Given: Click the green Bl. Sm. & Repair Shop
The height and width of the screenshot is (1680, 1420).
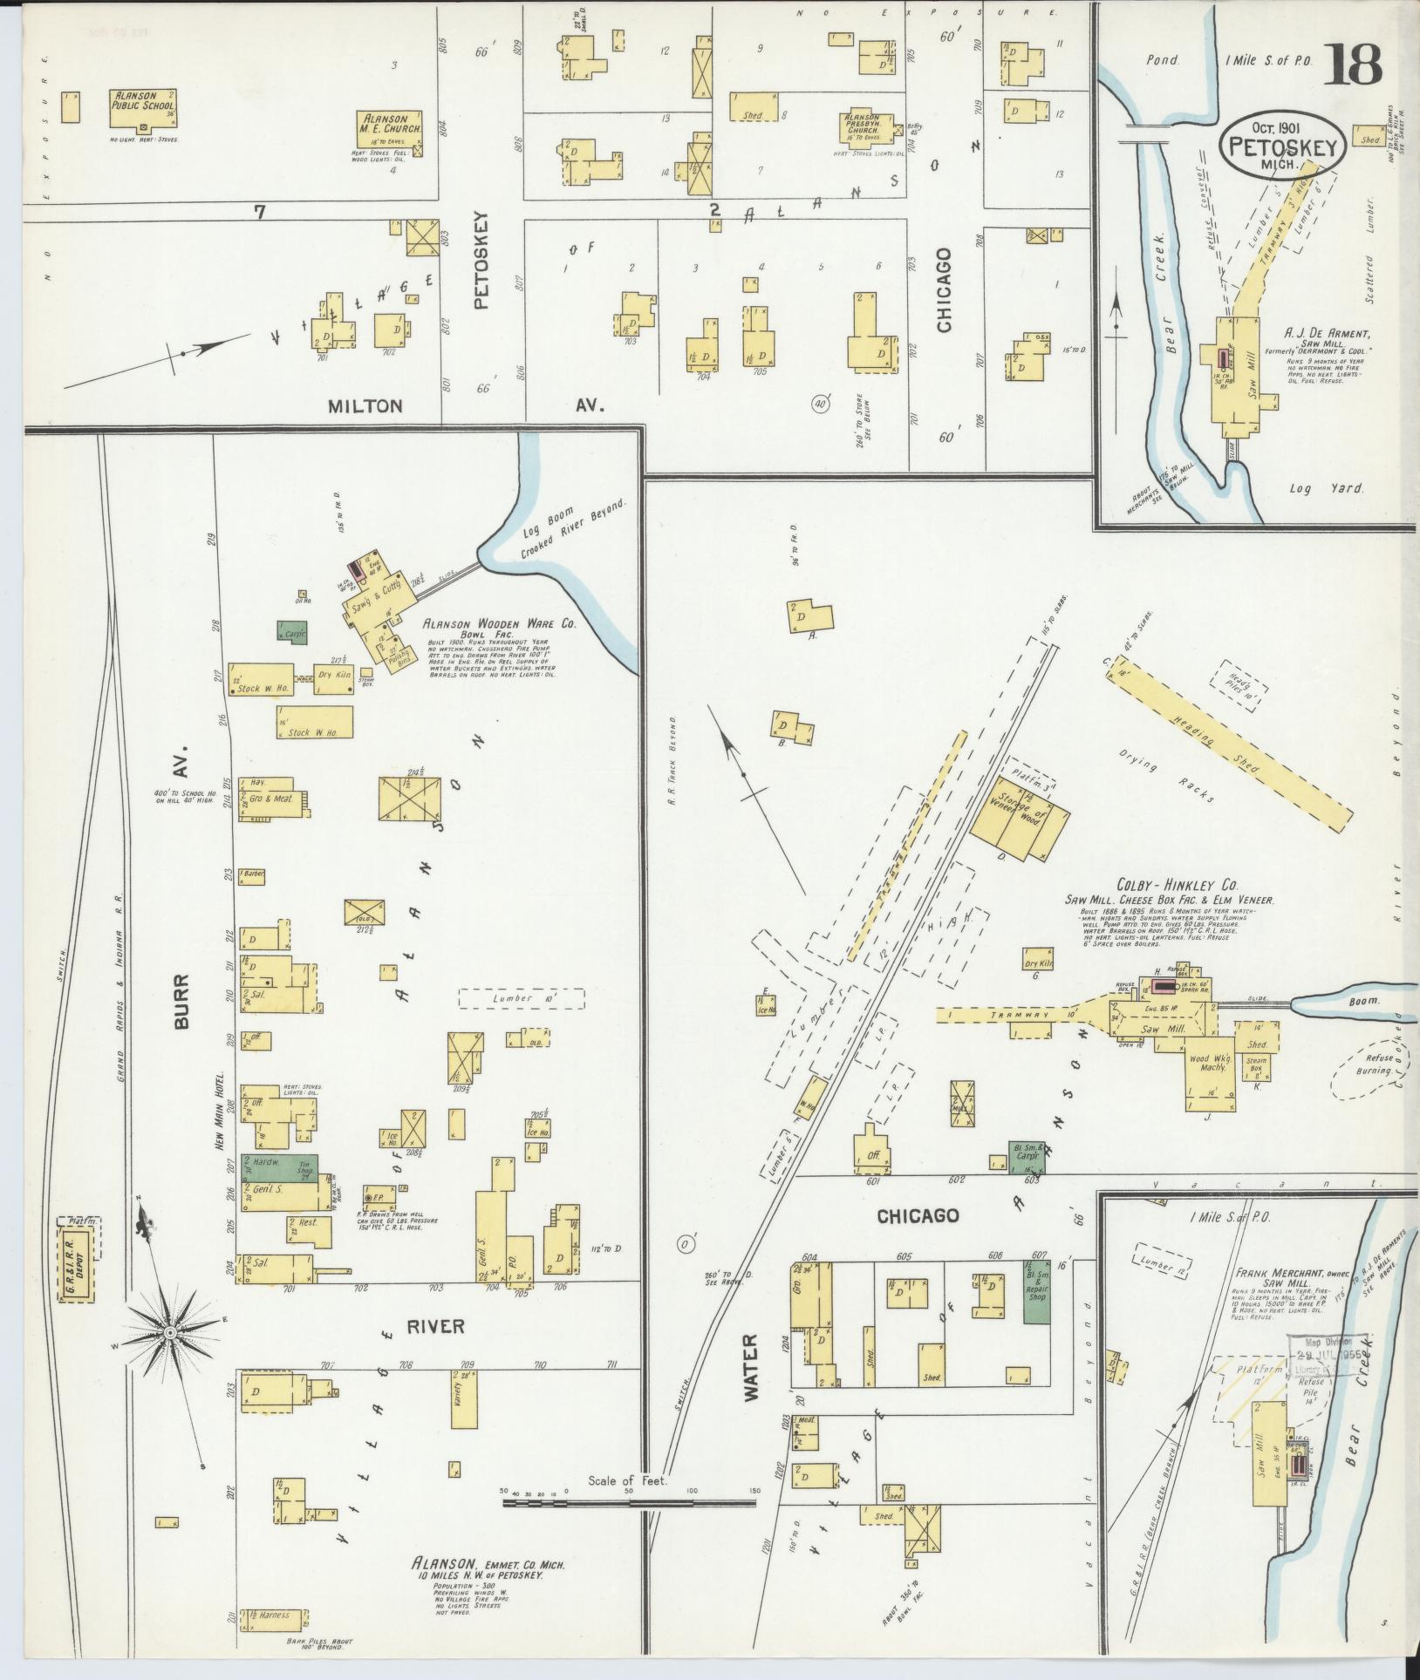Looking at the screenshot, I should (x=1036, y=1291).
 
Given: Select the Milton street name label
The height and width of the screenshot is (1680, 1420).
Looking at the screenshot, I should (x=365, y=406).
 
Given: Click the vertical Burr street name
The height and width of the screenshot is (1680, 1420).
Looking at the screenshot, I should (x=182, y=1014).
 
